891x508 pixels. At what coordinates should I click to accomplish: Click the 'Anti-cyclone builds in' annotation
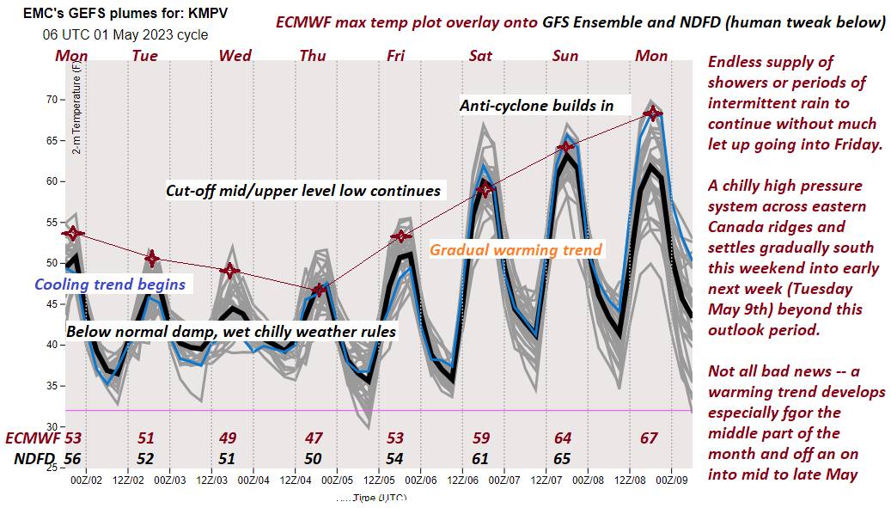tap(536, 106)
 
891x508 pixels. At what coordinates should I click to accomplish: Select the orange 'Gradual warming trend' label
tap(516, 250)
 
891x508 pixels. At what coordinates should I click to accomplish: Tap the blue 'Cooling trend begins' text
tap(110, 284)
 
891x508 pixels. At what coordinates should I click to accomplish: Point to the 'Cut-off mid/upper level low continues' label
tap(302, 191)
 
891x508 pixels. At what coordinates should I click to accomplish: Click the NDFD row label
tap(34, 458)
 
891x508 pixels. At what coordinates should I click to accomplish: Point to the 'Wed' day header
tap(235, 56)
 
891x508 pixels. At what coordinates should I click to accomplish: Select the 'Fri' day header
tap(395, 56)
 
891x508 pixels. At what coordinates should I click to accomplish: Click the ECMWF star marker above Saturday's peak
tap(486, 188)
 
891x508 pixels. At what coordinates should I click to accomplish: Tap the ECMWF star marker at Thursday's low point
tap(320, 290)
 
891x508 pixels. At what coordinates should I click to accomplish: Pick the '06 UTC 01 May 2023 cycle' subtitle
tap(125, 35)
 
